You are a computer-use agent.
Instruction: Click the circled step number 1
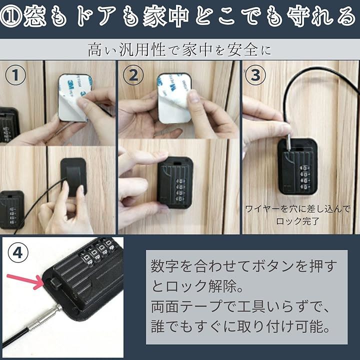point(15,75)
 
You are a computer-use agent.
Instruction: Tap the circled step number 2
point(133,75)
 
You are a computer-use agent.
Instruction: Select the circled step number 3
point(255,75)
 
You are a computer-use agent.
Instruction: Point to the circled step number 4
point(18,253)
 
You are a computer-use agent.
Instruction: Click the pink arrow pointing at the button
point(25,281)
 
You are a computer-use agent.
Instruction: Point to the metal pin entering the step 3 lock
point(289,143)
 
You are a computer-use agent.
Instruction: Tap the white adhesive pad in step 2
point(174,98)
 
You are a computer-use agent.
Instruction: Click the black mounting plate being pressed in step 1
point(73,177)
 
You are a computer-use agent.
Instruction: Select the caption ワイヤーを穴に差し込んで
point(298,209)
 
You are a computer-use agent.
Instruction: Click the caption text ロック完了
point(298,221)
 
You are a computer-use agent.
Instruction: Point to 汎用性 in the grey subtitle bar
point(142,50)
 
